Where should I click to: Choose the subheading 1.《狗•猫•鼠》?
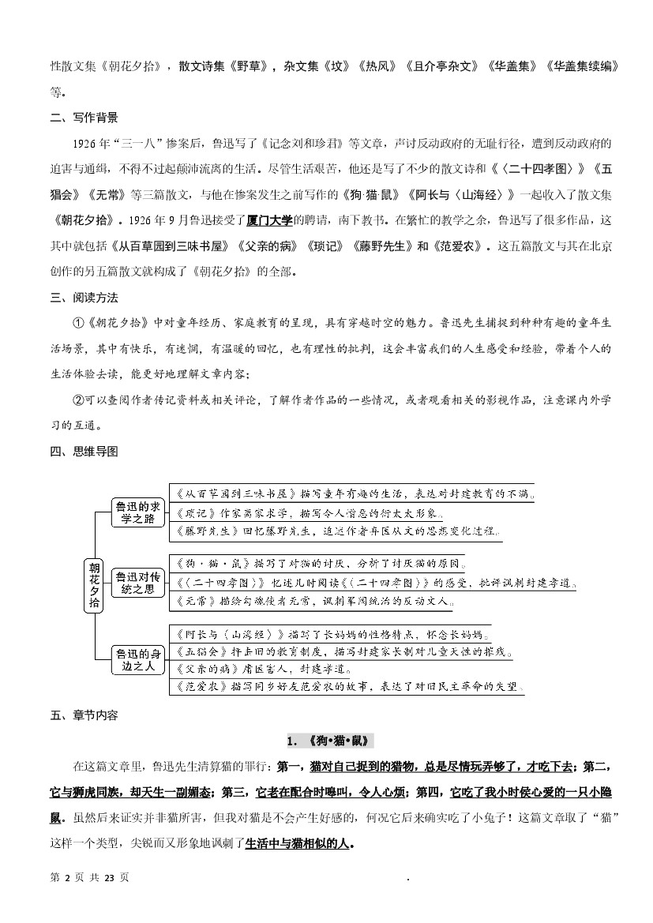click(326, 741)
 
